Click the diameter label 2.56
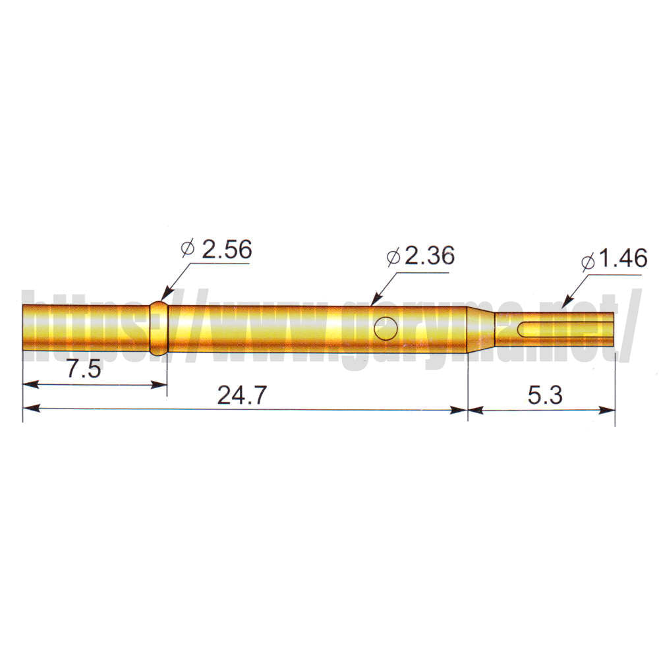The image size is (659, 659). point(227,250)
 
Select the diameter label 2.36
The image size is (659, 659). point(429,256)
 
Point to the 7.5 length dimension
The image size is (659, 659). point(83,370)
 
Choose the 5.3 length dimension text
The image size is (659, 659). point(544,395)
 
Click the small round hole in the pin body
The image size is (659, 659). point(386,328)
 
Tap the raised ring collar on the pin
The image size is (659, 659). point(158,329)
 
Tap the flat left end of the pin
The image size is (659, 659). point(24,329)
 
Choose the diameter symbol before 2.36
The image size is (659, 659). point(394,257)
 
